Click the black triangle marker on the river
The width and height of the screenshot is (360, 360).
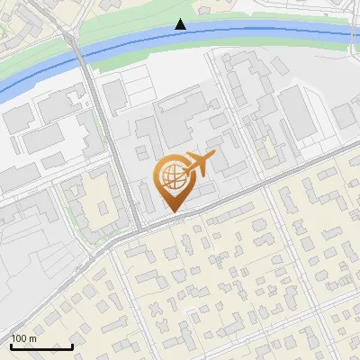coord(181,24)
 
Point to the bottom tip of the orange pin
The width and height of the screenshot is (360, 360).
coord(172,212)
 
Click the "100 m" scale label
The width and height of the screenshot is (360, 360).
coord(23,338)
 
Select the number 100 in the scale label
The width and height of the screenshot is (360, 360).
coord(19,338)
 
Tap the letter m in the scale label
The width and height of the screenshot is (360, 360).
coord(32,338)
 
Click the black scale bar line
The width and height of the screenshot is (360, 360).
coord(41,347)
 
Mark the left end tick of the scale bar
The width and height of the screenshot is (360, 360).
coord(11,346)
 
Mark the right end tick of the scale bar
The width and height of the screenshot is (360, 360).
coord(72,346)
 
